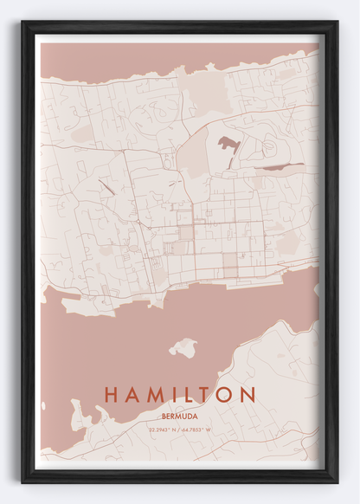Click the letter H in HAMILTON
pyautogui.click(x=111, y=395)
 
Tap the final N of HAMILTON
pyautogui.click(x=251, y=395)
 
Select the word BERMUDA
pyautogui.click(x=180, y=416)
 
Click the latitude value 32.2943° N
pyautogui.click(x=162, y=430)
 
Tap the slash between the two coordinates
pyautogui.click(x=179, y=430)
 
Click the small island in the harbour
pyautogui.click(x=183, y=348)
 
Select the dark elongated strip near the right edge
pyautogui.click(x=283, y=165)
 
